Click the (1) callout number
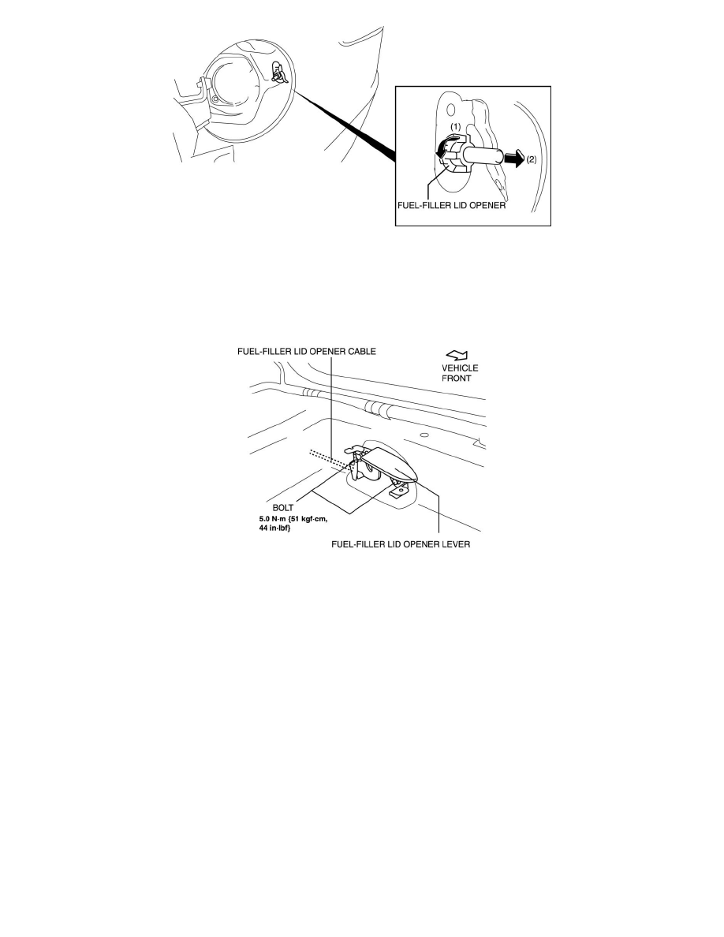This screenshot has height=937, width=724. point(455,127)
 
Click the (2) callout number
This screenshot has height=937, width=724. point(531,159)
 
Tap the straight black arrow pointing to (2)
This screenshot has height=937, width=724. point(513,159)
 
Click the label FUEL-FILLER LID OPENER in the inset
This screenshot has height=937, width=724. point(452,205)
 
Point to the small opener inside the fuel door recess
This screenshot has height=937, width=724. point(278,73)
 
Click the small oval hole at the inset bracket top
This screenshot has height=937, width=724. point(451,110)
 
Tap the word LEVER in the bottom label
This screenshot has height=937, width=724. point(457,544)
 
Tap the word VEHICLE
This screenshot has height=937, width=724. point(460,368)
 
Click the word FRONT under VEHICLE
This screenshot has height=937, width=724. point(457,379)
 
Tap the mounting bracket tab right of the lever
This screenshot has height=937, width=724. point(400,491)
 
